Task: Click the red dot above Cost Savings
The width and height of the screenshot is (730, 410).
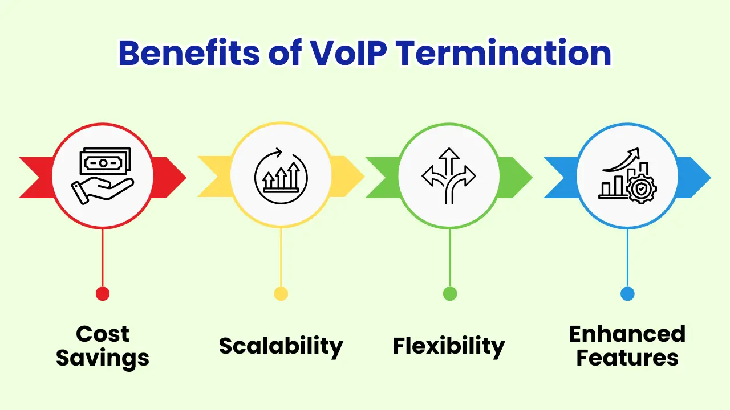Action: pos(103,294)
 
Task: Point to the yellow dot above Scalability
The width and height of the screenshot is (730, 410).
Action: pos(281,294)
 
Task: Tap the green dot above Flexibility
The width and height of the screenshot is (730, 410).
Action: pos(449,294)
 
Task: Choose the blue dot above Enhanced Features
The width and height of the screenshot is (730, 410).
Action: pos(627,294)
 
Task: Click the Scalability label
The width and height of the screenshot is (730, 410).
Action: pos(281,346)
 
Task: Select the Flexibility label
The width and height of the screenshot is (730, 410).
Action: pos(449,346)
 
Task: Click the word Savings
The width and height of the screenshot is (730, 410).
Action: pos(103,359)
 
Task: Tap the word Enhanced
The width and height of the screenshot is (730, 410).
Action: pos(627,334)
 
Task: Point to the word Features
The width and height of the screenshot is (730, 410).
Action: pos(627,359)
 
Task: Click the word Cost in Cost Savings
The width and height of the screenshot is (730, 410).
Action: pos(103,334)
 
